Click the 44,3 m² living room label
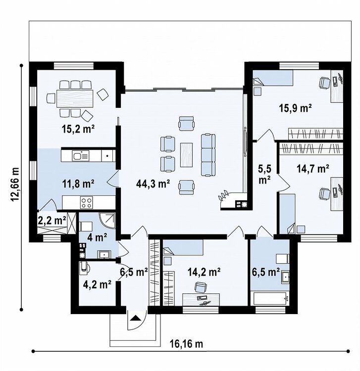pos(153,184)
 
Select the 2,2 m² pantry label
pos(52,221)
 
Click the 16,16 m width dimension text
pos(186,344)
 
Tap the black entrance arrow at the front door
pos(135,318)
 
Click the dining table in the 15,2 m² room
pos(75,98)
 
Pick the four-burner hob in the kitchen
pos(87,202)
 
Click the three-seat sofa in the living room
pos(208,155)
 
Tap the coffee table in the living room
pos(186,155)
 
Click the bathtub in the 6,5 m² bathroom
pos(270,299)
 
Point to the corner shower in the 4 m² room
pos(108,221)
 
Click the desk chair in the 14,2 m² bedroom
pos(200,287)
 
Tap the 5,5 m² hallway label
pos(264,174)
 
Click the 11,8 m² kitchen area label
pos(78,184)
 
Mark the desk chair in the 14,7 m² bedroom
pos(325,193)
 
